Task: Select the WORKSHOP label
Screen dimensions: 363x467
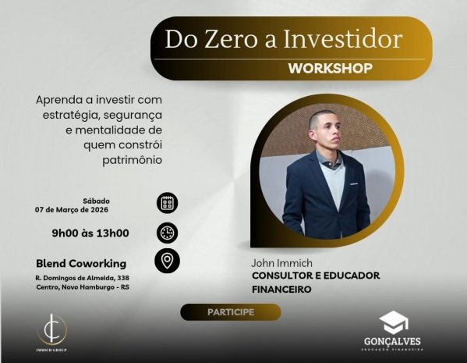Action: [x=330, y=68]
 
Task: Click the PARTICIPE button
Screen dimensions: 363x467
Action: [x=230, y=312]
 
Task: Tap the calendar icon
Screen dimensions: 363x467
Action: [x=167, y=203]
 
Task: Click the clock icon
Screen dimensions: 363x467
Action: [x=167, y=233]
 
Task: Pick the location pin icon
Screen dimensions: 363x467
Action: [x=167, y=262]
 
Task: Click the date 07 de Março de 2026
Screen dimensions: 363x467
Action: [x=72, y=209]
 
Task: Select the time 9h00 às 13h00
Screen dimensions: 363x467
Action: [x=90, y=233]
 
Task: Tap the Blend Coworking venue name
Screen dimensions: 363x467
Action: [x=81, y=263]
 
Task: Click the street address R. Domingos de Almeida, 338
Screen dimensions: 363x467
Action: [x=82, y=278]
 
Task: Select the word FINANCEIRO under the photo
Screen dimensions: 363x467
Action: [x=281, y=289]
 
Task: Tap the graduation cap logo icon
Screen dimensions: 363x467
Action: [x=394, y=322]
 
